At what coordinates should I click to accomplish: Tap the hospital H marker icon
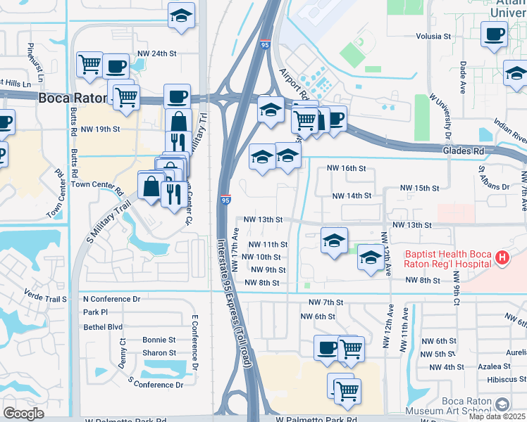tap(502, 258)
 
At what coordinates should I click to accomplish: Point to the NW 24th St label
tap(156, 53)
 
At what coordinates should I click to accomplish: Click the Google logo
tap(23, 413)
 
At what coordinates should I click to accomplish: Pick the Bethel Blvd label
tap(103, 327)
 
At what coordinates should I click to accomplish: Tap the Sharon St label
tap(159, 353)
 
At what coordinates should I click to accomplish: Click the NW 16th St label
tap(347, 169)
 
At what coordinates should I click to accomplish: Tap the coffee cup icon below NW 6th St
tap(326, 347)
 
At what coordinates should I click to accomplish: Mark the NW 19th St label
tap(101, 129)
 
